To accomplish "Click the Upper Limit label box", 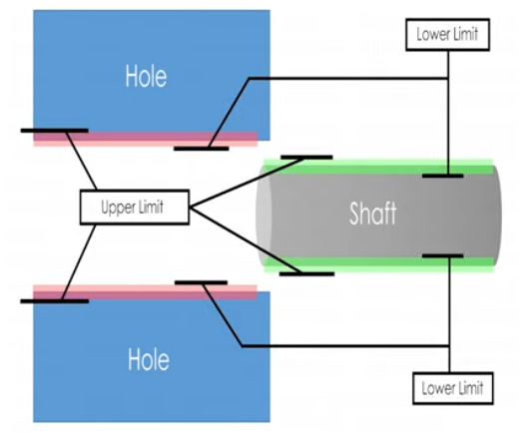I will point(134,209).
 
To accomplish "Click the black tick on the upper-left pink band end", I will point(54,131).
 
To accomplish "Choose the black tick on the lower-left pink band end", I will point(54,299).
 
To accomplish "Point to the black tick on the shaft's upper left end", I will point(305,157).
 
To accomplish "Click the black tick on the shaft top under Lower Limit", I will point(442,176).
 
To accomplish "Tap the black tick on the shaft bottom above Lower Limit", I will point(442,256).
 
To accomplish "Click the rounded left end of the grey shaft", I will point(265,214).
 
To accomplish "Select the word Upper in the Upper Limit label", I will point(118,209).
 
